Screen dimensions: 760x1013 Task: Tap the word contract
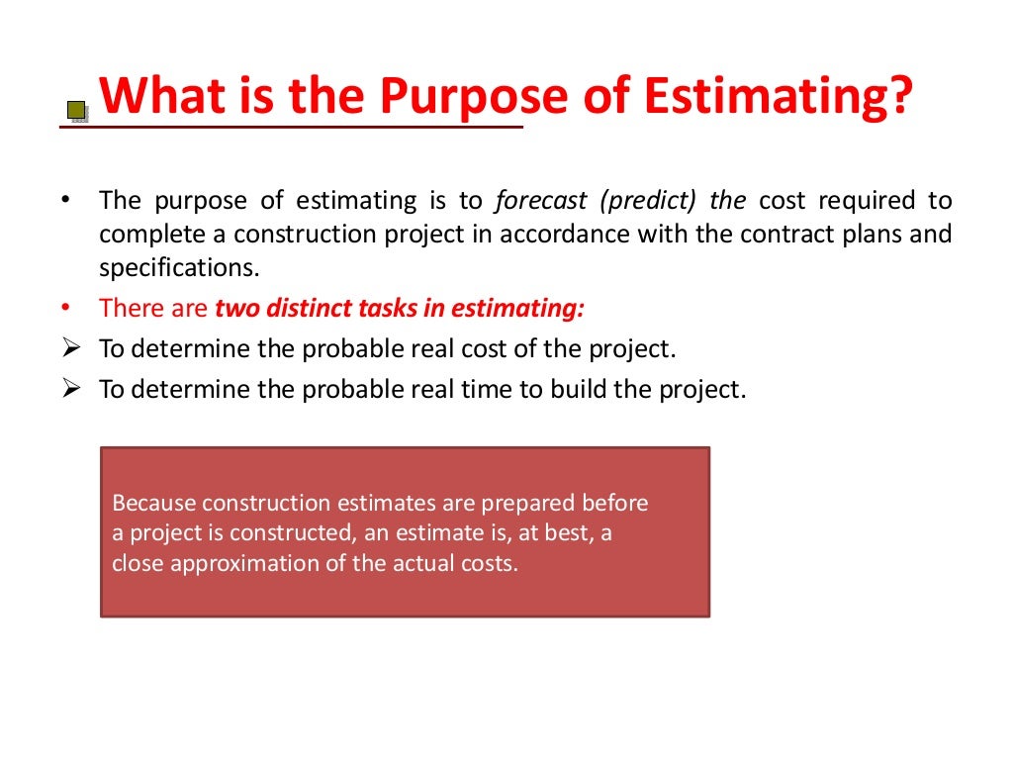pos(767,235)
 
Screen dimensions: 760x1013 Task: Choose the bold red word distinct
pos(297,308)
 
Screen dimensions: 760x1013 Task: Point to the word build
pos(576,390)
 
